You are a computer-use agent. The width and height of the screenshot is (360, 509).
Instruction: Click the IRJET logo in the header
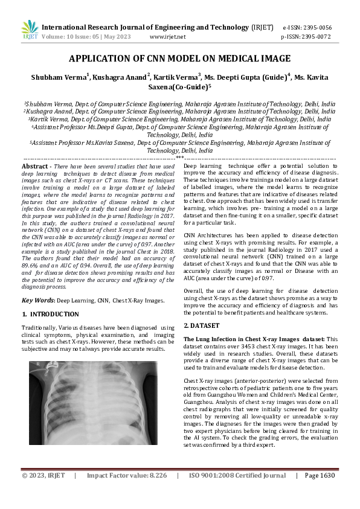pyautogui.click(x=30, y=30)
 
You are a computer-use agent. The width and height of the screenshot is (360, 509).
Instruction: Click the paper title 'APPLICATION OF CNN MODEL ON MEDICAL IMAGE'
pyautogui.click(x=180, y=59)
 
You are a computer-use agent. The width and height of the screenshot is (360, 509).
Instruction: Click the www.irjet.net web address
pyautogui.click(x=167, y=36)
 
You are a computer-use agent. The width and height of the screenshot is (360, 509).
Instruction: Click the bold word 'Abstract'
pyautogui.click(x=35, y=166)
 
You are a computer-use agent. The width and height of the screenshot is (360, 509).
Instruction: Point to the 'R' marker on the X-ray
pyautogui.click(x=37, y=365)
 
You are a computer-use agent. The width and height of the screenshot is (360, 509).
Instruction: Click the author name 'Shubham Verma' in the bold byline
pyautogui.click(x=58, y=77)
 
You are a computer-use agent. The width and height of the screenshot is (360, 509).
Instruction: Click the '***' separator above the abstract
pyautogui.click(x=179, y=158)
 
